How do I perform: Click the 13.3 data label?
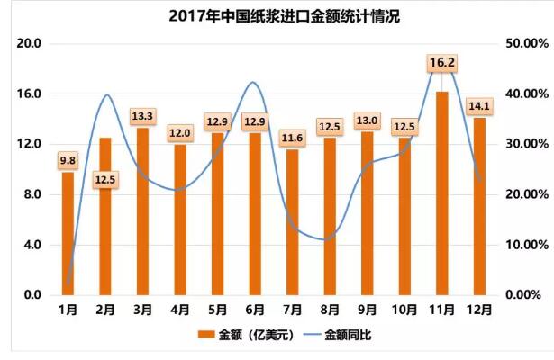(x=142, y=116)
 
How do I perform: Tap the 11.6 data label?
(x=292, y=138)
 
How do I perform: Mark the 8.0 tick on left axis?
(x=32, y=194)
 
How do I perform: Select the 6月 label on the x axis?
(x=254, y=310)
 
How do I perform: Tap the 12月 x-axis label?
(x=479, y=310)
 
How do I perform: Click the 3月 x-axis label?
(x=142, y=310)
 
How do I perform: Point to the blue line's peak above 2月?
(x=107, y=94)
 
